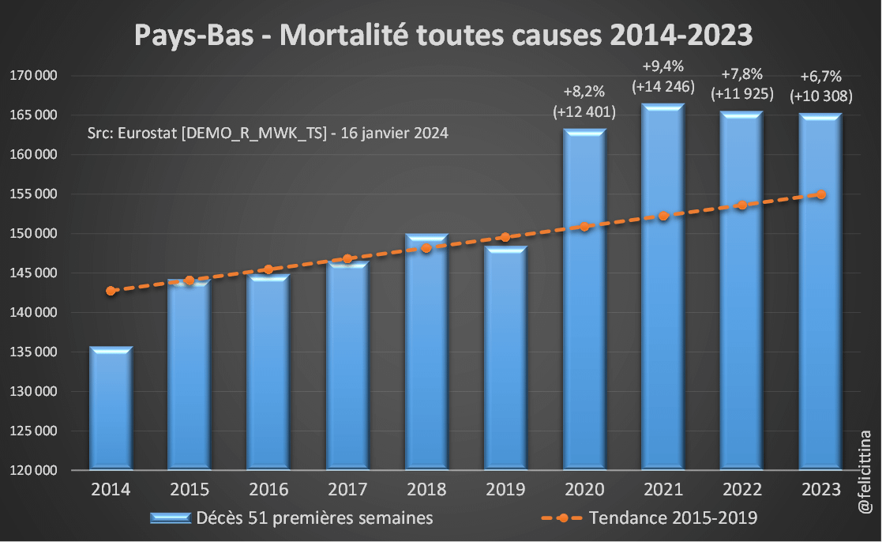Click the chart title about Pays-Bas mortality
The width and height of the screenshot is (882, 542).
(442, 36)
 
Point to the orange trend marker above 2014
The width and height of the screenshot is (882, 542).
(111, 291)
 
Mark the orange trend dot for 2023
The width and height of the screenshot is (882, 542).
(821, 194)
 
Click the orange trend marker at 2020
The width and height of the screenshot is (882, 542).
(584, 227)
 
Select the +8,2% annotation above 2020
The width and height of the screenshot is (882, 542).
(584, 91)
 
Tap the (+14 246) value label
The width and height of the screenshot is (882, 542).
(662, 85)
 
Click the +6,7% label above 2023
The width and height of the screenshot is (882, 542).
(821, 77)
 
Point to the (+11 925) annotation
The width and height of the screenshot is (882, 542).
(741, 94)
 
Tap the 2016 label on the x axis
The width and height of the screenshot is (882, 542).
(268, 489)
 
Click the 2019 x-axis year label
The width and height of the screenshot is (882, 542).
(505, 489)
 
